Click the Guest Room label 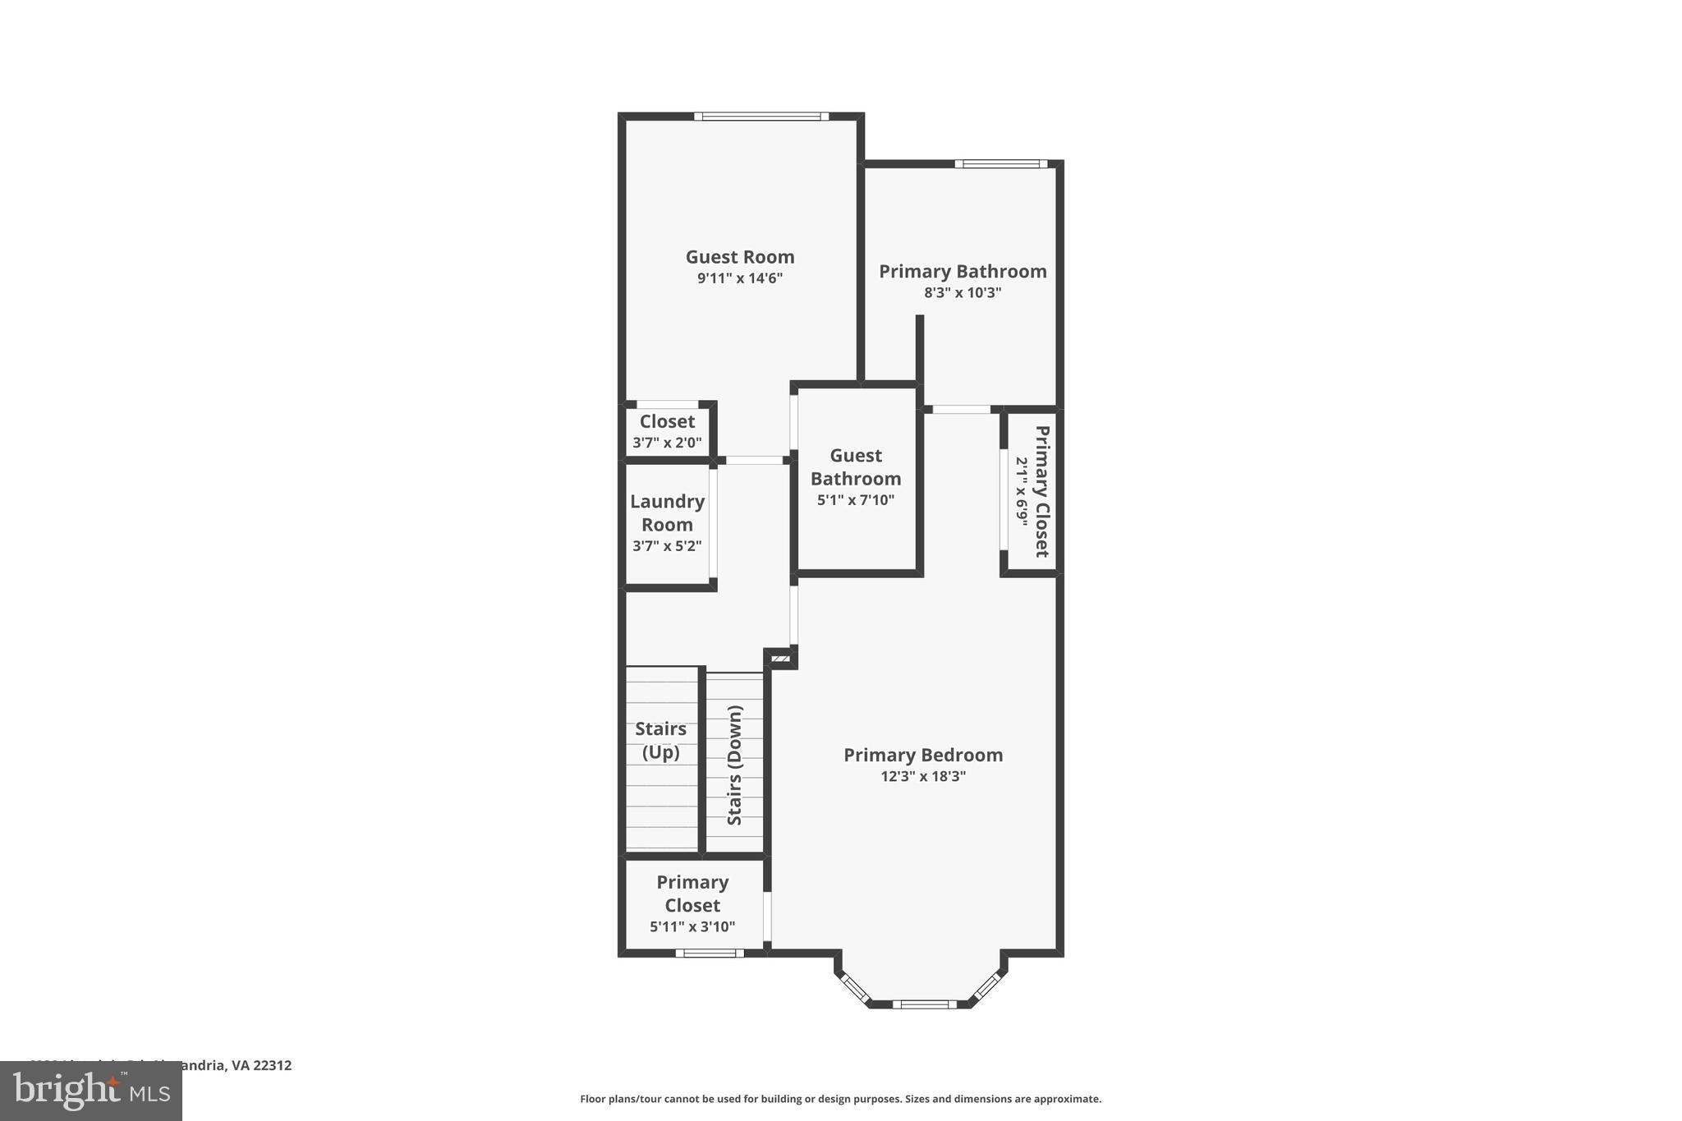740,257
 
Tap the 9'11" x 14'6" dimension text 740,278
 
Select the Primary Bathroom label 963,272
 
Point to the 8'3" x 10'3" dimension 963,293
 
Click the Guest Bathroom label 856,467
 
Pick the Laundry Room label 667,513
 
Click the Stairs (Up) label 661,740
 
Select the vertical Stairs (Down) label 735,765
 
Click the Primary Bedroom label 923,756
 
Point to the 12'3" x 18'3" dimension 923,776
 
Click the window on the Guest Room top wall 761,117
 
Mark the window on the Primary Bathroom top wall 1000,164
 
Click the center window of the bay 924,1004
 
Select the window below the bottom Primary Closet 710,953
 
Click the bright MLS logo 91,1091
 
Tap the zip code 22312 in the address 273,1066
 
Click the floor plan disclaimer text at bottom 840,1099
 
